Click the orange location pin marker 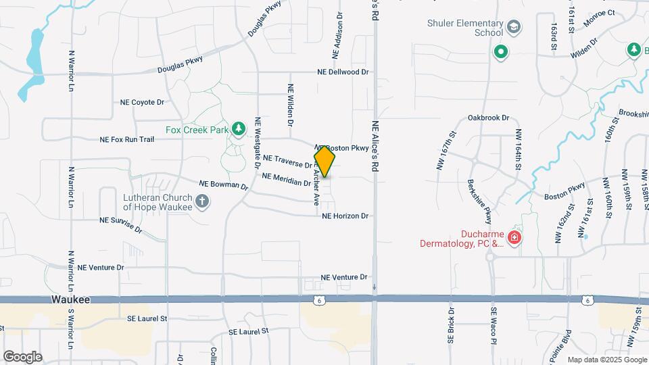point(325,161)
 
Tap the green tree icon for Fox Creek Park point(238,128)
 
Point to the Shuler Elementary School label point(466,28)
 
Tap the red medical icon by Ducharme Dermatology point(514,237)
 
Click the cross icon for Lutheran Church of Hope point(201,201)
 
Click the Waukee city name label point(70,299)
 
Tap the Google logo point(22,356)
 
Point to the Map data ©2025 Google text point(606,360)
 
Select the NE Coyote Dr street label point(142,103)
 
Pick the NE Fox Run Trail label point(127,139)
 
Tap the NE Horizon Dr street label point(345,216)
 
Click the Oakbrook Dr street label point(488,118)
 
